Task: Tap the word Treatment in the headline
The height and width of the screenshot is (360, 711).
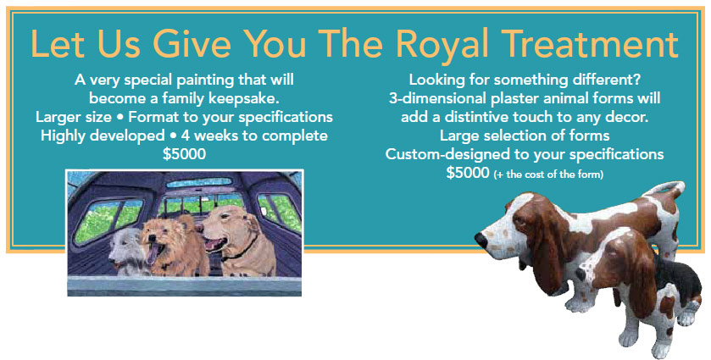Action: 590,44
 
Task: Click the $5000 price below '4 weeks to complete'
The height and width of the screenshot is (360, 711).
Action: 184,154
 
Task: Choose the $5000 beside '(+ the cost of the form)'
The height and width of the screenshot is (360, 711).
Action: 468,173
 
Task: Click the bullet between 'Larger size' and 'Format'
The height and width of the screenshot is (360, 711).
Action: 119,118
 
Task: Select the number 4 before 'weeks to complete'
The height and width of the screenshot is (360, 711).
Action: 185,136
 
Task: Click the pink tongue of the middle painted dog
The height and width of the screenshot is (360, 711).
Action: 153,253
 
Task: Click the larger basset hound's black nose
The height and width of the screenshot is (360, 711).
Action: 480,241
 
